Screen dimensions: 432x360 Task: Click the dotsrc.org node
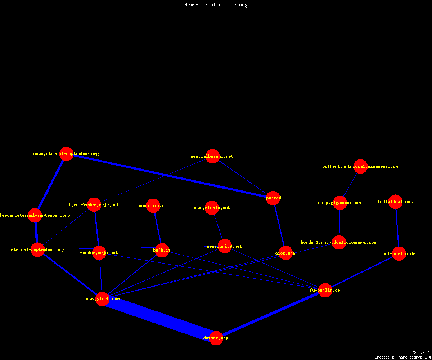pos(216,338)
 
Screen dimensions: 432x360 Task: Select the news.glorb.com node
pos(102,299)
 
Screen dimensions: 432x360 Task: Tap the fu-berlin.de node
pos(325,290)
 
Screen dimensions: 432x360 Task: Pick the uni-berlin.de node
pos(399,254)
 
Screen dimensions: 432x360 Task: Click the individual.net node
pos(395,202)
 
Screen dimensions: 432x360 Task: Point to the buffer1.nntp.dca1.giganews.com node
pos(360,166)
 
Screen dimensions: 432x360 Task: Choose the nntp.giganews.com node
pos(340,203)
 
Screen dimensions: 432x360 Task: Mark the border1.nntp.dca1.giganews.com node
pos(339,242)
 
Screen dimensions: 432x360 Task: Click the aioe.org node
pos(285,253)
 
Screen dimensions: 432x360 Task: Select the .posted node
pos(273,198)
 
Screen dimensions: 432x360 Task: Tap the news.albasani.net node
pos(212,156)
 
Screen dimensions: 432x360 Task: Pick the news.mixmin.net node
pos(212,208)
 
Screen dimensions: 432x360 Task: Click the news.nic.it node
pos(153,206)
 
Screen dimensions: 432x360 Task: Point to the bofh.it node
pos(162,250)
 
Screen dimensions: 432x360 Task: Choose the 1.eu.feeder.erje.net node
pos(94,205)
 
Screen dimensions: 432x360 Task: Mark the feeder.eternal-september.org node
pos(35,215)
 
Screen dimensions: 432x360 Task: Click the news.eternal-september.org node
pos(66,154)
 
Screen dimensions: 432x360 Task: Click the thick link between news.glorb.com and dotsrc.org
pos(159,319)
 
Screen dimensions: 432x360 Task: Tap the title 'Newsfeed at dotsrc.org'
pos(216,5)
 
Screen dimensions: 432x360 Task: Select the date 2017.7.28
pos(421,352)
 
